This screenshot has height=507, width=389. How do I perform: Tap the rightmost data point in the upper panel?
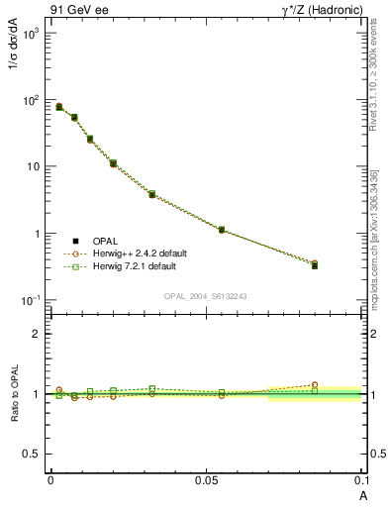(x=315, y=265)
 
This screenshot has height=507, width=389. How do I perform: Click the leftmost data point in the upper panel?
(x=59, y=106)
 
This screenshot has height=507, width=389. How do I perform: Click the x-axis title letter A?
(x=362, y=494)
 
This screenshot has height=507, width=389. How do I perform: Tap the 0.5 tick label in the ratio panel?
(x=33, y=454)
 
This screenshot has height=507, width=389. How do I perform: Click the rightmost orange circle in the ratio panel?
(x=315, y=384)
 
